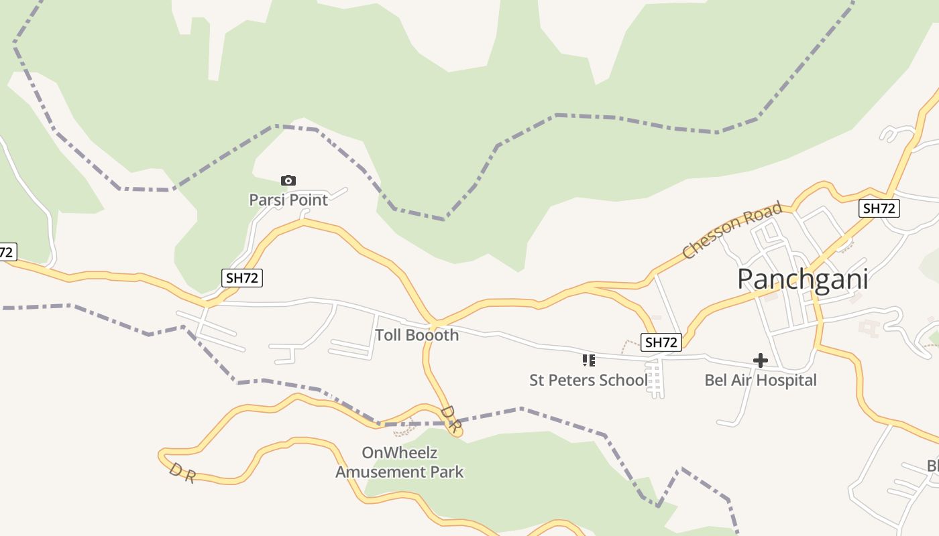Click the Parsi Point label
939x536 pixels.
(x=288, y=200)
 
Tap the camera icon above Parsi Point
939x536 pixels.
(x=288, y=180)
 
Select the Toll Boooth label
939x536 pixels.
(x=417, y=335)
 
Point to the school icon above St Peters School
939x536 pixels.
(x=589, y=360)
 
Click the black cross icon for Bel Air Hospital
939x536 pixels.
(x=760, y=360)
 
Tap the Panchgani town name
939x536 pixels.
(x=802, y=279)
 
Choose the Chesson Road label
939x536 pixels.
(x=732, y=230)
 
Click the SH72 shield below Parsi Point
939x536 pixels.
(x=241, y=278)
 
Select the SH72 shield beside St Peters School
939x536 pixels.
(x=661, y=342)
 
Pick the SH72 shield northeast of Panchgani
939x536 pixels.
(x=879, y=208)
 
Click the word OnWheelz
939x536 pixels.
(x=399, y=453)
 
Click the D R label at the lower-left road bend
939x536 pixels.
(x=182, y=473)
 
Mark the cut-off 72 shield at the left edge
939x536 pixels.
(x=7, y=253)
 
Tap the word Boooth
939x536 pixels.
(x=433, y=335)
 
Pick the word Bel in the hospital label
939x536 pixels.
(x=716, y=381)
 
